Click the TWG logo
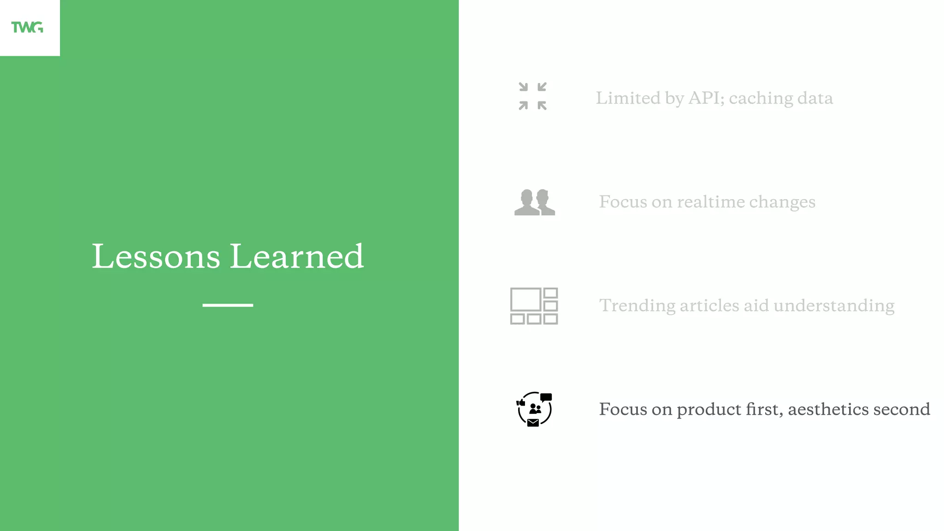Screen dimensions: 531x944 [x=27, y=28]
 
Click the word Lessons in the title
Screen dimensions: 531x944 [x=156, y=256]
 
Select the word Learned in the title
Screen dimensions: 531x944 [x=297, y=256]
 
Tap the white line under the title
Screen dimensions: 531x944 [x=228, y=305]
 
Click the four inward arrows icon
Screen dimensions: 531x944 [x=532, y=96]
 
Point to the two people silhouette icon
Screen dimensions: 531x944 [x=535, y=202]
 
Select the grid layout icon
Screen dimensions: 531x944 [x=534, y=306]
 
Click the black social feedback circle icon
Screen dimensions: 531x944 [x=534, y=409]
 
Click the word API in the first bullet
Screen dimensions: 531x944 [x=706, y=98]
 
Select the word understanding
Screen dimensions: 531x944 [x=834, y=306]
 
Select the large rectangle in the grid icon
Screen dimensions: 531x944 [x=525, y=300]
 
